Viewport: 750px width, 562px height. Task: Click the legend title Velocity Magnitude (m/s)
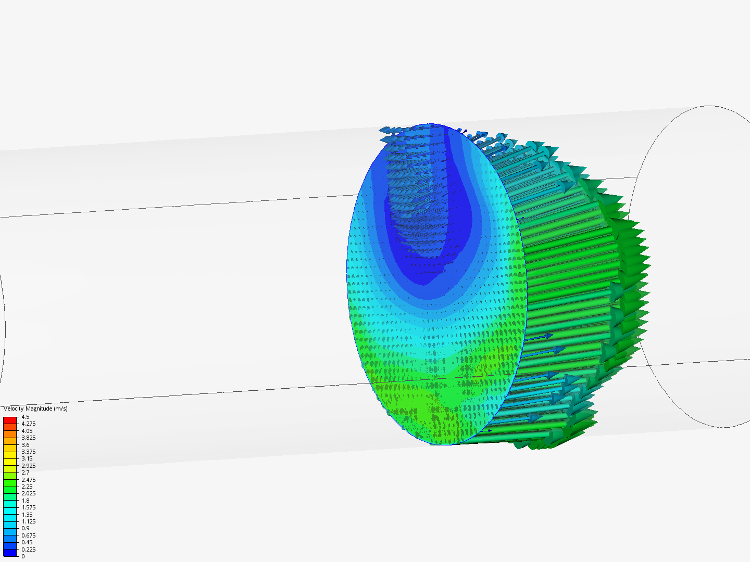coord(35,408)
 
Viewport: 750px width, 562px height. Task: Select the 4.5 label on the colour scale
coord(26,417)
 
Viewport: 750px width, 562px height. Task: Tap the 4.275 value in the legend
coord(28,424)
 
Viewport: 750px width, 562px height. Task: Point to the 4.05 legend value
coord(27,431)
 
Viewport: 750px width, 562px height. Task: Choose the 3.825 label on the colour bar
coord(28,438)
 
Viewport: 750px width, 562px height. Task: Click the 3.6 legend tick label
coord(26,445)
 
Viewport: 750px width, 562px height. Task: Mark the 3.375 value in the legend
coord(28,452)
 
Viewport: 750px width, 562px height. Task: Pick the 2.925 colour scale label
coord(28,466)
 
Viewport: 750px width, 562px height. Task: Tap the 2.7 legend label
coord(26,472)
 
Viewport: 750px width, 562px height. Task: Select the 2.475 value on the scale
coord(28,480)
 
